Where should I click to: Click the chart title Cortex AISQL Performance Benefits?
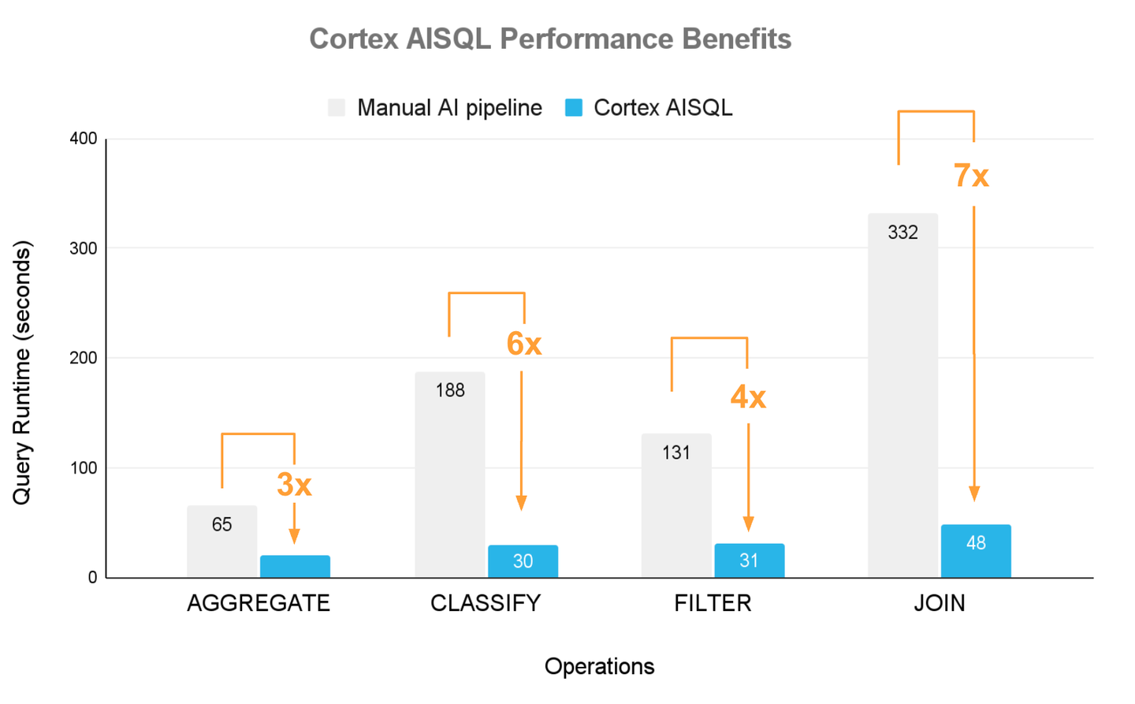click(549, 39)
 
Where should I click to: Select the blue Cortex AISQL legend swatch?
click(574, 108)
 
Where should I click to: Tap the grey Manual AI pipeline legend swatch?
click(337, 108)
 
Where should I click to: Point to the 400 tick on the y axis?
click(84, 139)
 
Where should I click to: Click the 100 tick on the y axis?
click(84, 467)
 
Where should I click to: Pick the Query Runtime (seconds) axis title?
click(21, 372)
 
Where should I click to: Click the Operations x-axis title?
click(599, 666)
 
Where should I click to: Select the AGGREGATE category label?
click(259, 603)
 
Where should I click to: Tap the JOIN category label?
click(939, 603)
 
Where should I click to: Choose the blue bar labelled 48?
click(975, 551)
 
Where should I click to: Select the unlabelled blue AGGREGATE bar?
click(295, 566)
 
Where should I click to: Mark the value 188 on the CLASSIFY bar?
click(450, 390)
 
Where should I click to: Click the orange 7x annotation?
click(971, 175)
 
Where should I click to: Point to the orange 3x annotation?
click(294, 485)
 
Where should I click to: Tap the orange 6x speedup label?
click(523, 344)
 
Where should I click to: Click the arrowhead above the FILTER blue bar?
click(748, 524)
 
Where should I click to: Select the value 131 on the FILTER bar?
click(676, 453)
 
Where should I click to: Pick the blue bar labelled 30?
click(523, 561)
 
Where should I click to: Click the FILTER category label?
click(713, 603)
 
